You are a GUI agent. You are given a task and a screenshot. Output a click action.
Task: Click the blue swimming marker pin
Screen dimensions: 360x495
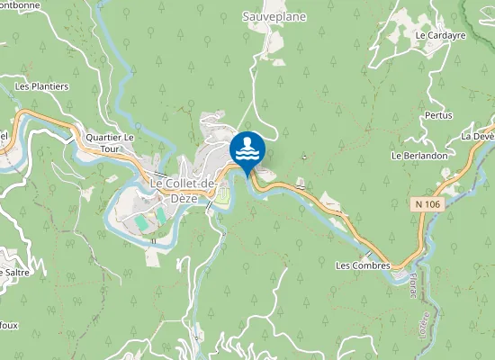[247, 151]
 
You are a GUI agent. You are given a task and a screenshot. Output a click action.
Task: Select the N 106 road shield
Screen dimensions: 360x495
[428, 204]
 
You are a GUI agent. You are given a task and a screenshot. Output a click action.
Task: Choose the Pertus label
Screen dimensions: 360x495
[437, 116]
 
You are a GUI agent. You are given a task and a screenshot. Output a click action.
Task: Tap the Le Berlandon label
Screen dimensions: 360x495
[419, 156]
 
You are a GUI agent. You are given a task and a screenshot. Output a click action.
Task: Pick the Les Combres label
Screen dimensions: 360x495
[363, 266]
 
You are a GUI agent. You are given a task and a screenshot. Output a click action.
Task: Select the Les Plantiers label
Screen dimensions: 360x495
[42, 86]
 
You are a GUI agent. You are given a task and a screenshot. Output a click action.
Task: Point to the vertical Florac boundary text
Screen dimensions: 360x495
[415, 288]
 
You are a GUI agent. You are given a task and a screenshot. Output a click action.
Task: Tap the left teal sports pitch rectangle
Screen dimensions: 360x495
[141, 221]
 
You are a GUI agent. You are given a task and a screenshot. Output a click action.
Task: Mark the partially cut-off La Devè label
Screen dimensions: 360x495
[478, 136]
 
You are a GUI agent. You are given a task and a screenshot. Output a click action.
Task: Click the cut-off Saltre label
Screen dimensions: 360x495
[13, 272]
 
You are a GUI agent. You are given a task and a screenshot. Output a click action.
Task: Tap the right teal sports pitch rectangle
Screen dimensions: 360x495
[161, 216]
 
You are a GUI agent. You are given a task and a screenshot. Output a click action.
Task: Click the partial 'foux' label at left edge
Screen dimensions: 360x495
[8, 327]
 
